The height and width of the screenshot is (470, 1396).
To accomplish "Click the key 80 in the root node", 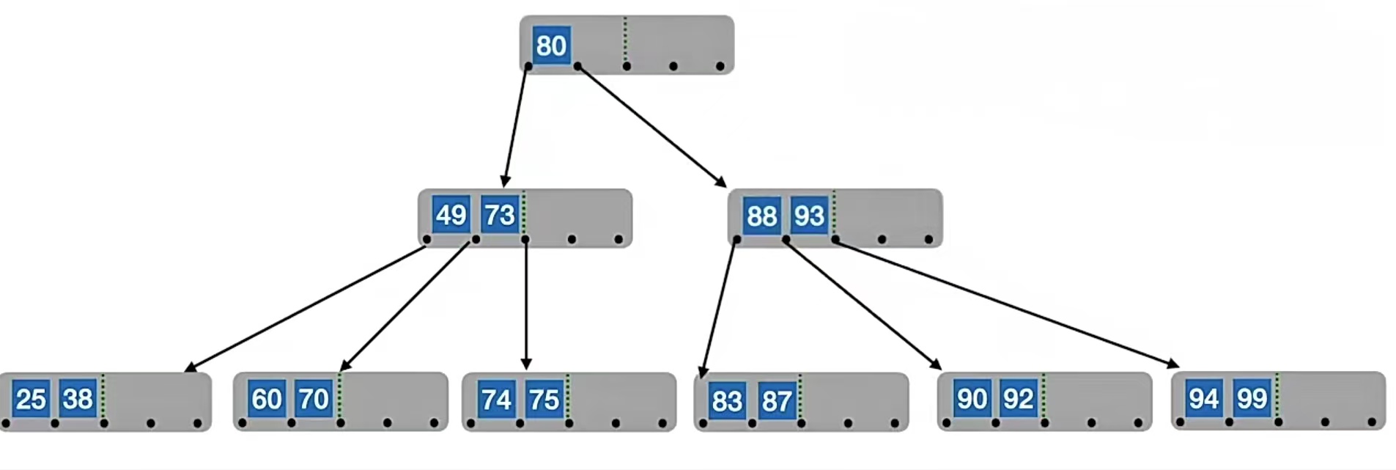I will pyautogui.click(x=551, y=45).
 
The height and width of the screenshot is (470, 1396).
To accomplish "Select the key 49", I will pyautogui.click(x=451, y=215).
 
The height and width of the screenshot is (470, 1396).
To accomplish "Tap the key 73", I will pyautogui.click(x=500, y=215).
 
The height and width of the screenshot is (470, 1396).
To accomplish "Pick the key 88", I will pyautogui.click(x=761, y=216).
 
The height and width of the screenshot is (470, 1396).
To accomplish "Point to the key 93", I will pyautogui.click(x=809, y=216).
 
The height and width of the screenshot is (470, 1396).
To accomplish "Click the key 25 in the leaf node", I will pyautogui.click(x=31, y=399).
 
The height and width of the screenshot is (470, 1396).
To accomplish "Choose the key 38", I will pyautogui.click(x=78, y=399).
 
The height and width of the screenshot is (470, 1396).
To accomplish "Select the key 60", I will pyautogui.click(x=266, y=399).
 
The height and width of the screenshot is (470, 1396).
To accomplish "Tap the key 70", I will pyautogui.click(x=314, y=399).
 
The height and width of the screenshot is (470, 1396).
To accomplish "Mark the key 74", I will pyautogui.click(x=496, y=400).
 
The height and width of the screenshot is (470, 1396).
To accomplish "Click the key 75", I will pyautogui.click(x=544, y=400).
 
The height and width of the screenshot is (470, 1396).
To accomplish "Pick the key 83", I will pyautogui.click(x=727, y=401).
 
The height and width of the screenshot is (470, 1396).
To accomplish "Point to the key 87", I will pyautogui.click(x=776, y=401).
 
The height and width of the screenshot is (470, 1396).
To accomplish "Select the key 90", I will pyautogui.click(x=972, y=399).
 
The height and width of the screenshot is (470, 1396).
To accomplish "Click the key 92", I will pyautogui.click(x=1019, y=399).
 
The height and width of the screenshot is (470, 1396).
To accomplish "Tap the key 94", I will pyautogui.click(x=1204, y=398).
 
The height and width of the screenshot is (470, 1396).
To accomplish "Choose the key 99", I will pyautogui.click(x=1252, y=398).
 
